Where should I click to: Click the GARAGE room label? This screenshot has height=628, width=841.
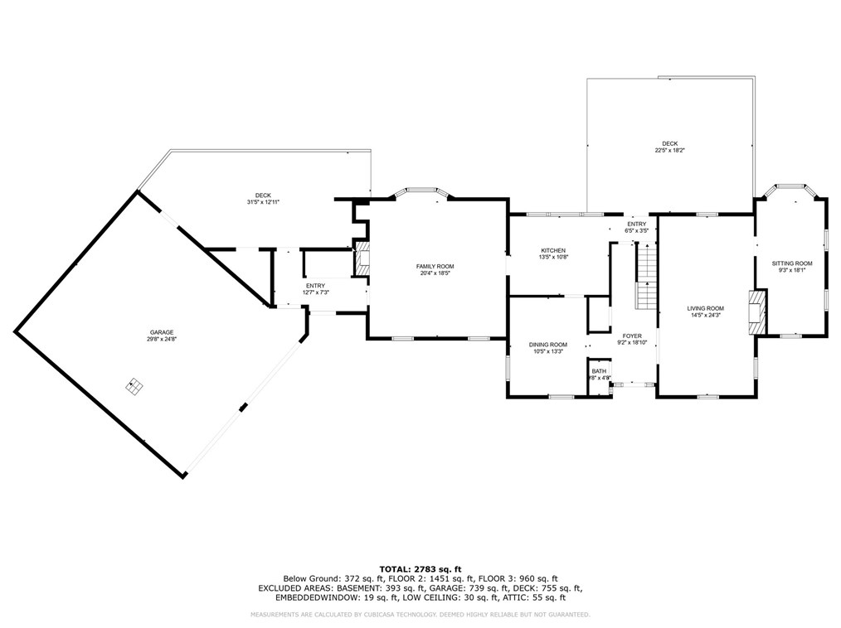[x=162, y=331]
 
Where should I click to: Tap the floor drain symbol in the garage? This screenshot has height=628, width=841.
[x=134, y=385]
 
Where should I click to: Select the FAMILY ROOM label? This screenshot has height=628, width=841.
[x=435, y=266]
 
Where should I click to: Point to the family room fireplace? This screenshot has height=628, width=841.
[x=362, y=262]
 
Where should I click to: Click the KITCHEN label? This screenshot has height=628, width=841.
[x=553, y=250]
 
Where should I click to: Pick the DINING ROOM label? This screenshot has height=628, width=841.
[x=548, y=345]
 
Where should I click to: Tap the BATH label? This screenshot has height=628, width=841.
[x=599, y=371]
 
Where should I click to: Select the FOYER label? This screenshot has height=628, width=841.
[x=632, y=336]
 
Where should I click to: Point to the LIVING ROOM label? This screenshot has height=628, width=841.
[x=705, y=308]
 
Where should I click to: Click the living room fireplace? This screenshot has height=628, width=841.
[x=756, y=312]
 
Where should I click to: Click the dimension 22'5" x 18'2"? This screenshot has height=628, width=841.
[x=669, y=150]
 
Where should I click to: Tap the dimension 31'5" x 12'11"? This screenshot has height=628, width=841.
[x=264, y=202]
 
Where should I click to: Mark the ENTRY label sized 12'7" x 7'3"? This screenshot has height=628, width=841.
[x=315, y=286]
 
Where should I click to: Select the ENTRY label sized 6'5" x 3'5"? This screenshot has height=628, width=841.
[x=636, y=224]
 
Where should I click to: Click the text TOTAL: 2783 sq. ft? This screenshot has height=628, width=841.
[x=420, y=568]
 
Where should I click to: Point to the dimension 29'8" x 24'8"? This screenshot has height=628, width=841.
[x=162, y=339]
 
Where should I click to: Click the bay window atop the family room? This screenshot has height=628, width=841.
[x=421, y=192]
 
